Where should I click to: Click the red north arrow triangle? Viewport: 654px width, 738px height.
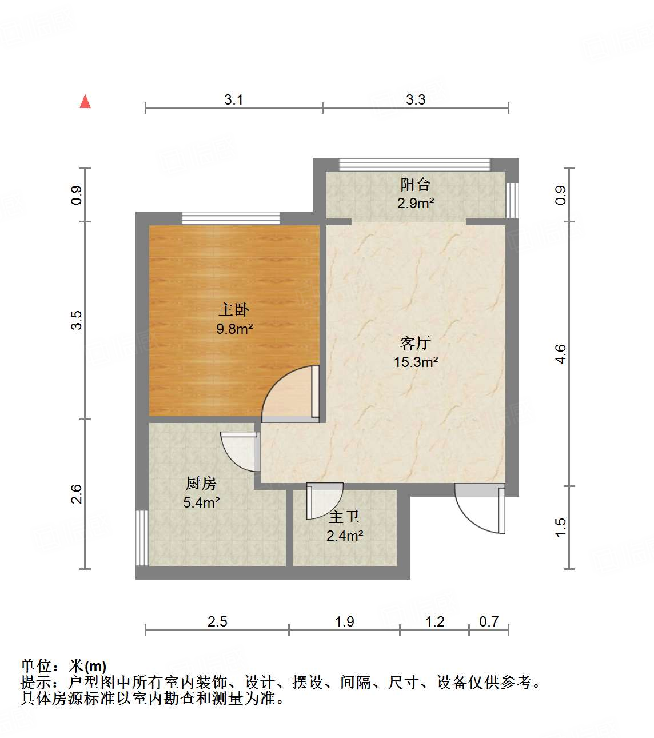(x=85, y=102)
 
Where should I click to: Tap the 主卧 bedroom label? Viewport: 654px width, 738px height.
(x=234, y=310)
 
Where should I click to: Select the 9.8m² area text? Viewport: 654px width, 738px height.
(x=234, y=329)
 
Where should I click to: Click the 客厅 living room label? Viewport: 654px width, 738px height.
(x=415, y=343)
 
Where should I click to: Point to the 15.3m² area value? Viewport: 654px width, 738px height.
(x=416, y=362)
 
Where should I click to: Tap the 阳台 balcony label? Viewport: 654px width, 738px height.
(x=415, y=185)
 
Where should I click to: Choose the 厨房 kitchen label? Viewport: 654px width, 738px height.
(x=201, y=484)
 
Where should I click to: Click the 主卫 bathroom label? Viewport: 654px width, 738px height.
(x=344, y=517)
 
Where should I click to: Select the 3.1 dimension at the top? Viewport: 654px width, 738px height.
(x=233, y=100)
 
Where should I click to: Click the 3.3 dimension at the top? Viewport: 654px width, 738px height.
(x=416, y=100)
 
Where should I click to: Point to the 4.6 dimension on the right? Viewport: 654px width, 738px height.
(x=561, y=353)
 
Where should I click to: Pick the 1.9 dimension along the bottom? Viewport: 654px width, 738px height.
(x=344, y=621)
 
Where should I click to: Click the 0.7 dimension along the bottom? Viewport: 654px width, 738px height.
(x=489, y=621)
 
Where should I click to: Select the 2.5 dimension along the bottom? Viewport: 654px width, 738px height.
(x=217, y=621)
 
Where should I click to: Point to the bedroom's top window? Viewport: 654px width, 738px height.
(x=231, y=218)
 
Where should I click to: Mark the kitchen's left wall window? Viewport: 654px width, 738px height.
(x=142, y=537)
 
